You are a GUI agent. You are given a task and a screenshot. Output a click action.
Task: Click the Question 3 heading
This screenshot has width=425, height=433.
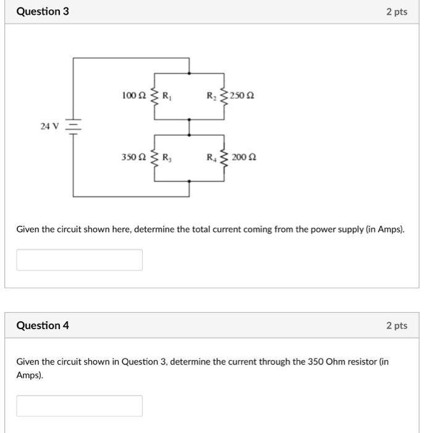43,12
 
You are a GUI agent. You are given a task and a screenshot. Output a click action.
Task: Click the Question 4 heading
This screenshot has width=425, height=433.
43,325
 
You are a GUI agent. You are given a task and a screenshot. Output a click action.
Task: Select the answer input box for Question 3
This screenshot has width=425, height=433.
79,260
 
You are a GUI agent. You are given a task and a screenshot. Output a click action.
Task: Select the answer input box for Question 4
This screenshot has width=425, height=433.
79,406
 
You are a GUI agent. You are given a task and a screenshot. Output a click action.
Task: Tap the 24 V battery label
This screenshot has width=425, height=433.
49,126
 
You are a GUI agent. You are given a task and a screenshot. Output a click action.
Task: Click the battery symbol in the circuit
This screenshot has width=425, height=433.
74,126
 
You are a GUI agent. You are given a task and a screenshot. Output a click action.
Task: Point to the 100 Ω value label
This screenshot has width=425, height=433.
134,96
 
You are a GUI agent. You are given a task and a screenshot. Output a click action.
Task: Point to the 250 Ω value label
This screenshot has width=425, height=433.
242,96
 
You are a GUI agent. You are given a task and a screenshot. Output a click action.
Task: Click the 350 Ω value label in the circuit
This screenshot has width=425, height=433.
134,157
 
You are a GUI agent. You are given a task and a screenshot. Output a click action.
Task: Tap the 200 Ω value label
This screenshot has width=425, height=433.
244,157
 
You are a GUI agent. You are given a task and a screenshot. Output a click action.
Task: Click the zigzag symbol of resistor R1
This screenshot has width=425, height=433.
154,96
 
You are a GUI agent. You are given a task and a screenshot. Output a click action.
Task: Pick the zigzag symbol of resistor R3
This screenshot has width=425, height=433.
154,157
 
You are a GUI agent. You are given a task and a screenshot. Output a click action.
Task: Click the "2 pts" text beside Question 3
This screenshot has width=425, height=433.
397,12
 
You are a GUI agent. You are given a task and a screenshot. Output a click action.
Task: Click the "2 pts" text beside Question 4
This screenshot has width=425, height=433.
397,325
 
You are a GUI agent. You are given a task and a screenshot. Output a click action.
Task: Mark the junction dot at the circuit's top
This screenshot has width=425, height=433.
189,73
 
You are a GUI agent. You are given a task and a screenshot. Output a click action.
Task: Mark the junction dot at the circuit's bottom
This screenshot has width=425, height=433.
189,181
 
